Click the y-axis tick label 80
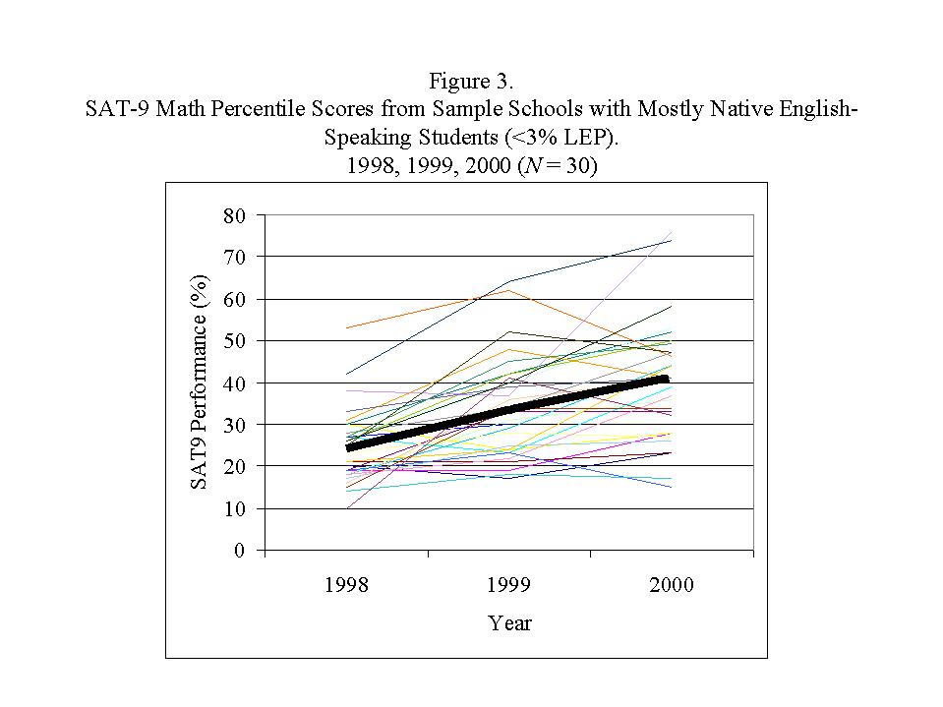233,214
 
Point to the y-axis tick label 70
233,257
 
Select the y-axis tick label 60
233,299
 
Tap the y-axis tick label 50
233,341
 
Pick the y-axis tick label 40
233,383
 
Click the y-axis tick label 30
233,425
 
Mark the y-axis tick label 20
233,466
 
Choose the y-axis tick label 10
233,508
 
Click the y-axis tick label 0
238,551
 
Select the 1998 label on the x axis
346,585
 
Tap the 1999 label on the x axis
508,585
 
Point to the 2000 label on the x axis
672,585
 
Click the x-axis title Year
509,622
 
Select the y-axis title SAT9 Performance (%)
199,383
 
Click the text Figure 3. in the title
471,81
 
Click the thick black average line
508,407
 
